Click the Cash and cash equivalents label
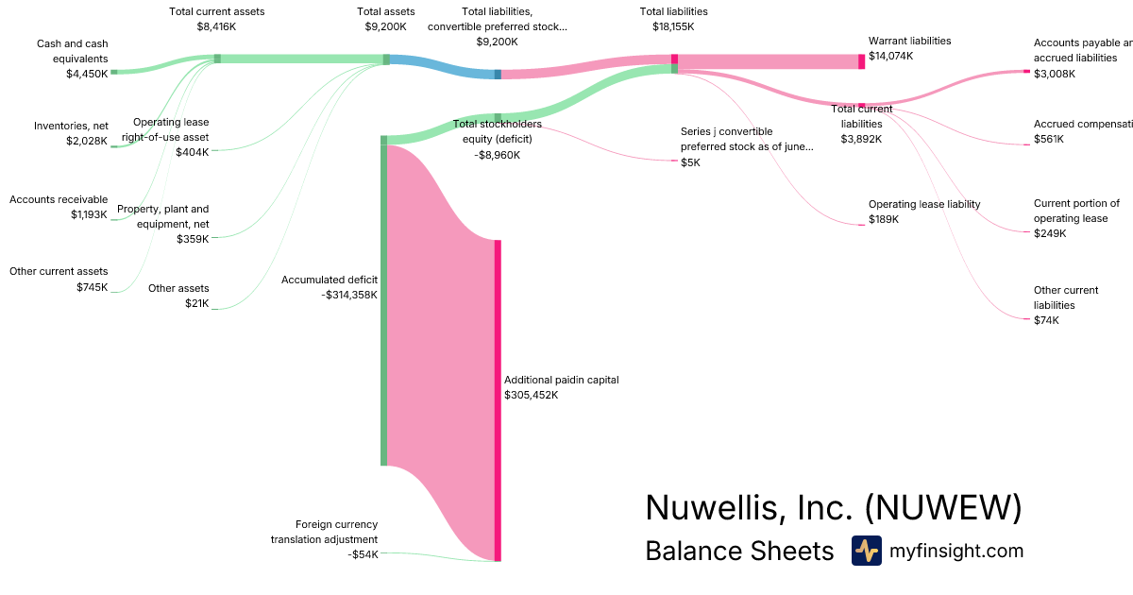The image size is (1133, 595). [x=72, y=51]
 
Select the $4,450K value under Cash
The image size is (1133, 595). [x=87, y=74]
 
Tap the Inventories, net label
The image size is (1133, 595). [x=71, y=126]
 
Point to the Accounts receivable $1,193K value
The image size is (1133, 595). [x=89, y=214]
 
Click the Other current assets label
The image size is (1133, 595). [x=59, y=271]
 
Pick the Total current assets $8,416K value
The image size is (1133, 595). [x=216, y=27]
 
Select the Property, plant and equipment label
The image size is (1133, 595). [x=162, y=216]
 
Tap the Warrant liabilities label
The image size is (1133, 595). [x=909, y=41]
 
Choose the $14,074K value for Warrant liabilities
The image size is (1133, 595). [x=891, y=56]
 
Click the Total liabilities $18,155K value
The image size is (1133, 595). [x=673, y=27]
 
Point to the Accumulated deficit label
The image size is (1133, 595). [x=330, y=280]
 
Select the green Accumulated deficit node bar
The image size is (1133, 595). [x=384, y=302]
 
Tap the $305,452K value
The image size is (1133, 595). [x=531, y=395]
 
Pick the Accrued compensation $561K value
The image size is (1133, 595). [x=1048, y=139]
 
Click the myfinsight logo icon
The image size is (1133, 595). [x=866, y=551]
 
